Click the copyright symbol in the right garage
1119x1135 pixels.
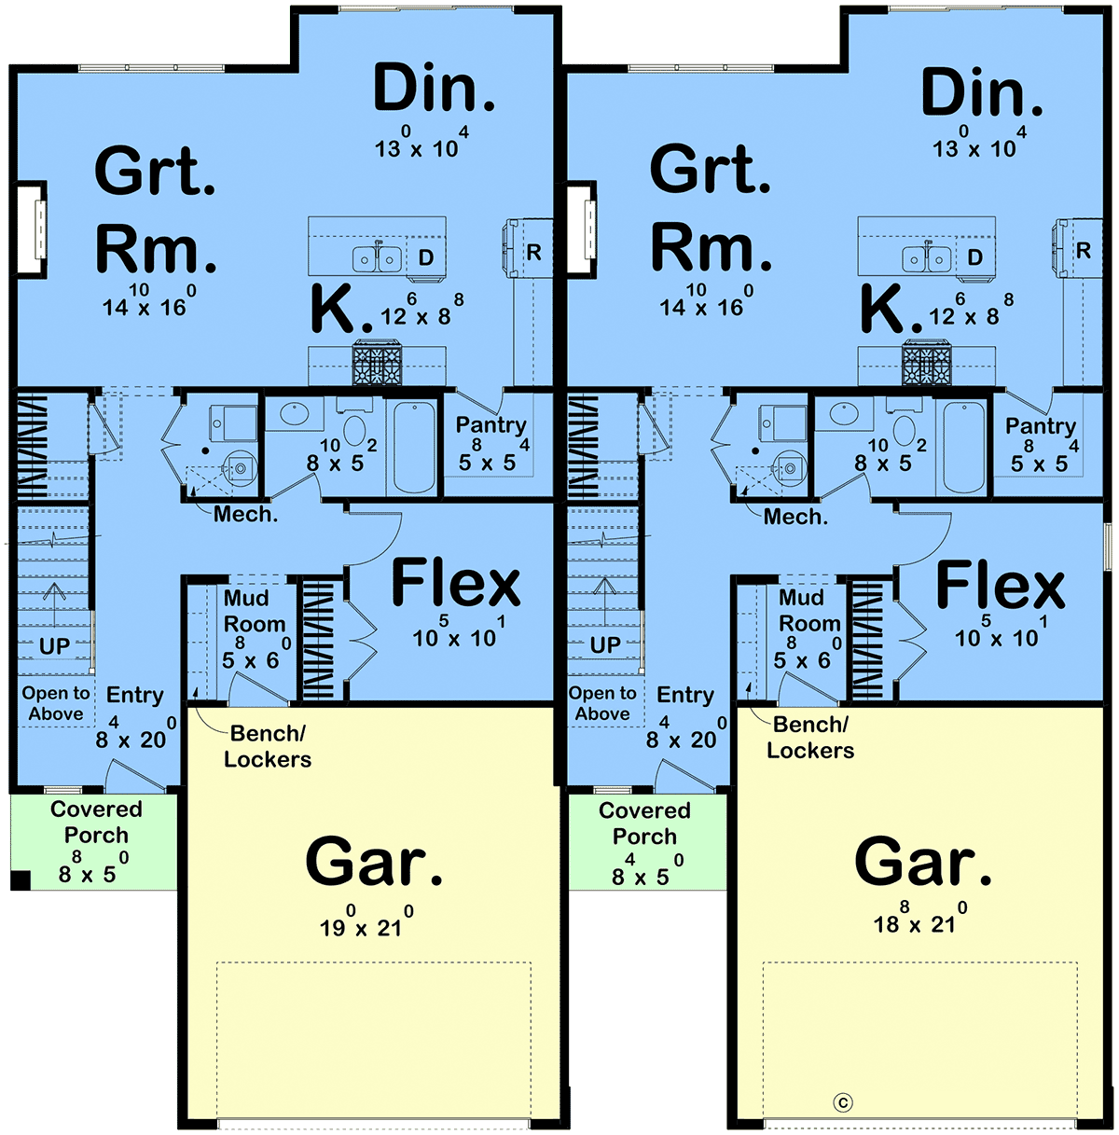tap(843, 1102)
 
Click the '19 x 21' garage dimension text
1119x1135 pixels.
tap(366, 923)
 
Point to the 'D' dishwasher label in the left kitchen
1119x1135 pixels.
tap(426, 257)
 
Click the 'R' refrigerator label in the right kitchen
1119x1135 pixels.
tap(1083, 251)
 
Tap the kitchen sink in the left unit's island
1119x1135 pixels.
tap(377, 257)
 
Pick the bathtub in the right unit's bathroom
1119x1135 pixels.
tap(963, 447)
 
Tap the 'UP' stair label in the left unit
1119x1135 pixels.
tap(54, 646)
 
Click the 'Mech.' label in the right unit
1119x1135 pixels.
tap(795, 517)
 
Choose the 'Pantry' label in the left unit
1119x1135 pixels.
tap(491, 424)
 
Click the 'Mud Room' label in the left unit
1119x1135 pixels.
tap(255, 611)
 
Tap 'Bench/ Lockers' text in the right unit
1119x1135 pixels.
tap(810, 737)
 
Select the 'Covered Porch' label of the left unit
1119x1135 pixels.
tap(96, 822)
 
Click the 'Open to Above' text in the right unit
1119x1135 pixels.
tap(602, 703)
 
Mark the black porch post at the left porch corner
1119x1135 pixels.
tap(21, 880)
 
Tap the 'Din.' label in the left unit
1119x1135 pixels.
tap(434, 88)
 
